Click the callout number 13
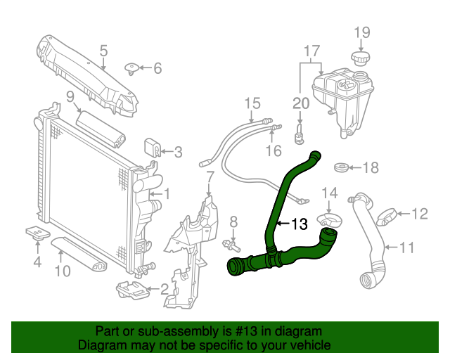[x=299, y=224]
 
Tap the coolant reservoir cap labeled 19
[x=360, y=57]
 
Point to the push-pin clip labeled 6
[x=131, y=68]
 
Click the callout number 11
[x=407, y=247]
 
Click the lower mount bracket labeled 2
[x=130, y=288]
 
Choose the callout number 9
[x=70, y=96]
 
